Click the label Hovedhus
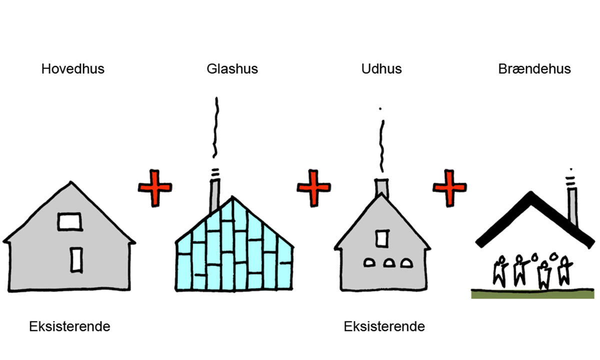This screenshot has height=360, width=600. pyautogui.click(x=73, y=68)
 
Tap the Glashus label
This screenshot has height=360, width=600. pyautogui.click(x=232, y=68)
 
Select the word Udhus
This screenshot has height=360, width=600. pyautogui.click(x=381, y=68)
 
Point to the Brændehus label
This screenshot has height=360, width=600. pyautogui.click(x=534, y=68)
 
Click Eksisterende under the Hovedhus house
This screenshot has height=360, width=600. pyautogui.click(x=69, y=327)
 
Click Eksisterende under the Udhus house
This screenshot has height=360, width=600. pyautogui.click(x=384, y=327)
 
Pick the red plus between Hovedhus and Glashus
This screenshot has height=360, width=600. pyautogui.click(x=155, y=187)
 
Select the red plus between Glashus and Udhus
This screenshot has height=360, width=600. pyautogui.click(x=314, y=187)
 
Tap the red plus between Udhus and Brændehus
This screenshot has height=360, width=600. pyautogui.click(x=449, y=187)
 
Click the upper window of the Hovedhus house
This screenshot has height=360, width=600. pyautogui.click(x=69, y=221)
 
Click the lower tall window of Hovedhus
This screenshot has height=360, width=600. pyautogui.click(x=76, y=259)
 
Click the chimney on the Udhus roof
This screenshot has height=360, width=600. pyautogui.click(x=382, y=187)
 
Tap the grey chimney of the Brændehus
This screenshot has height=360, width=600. pyautogui.click(x=572, y=206)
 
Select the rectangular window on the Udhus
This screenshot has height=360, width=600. pyautogui.click(x=382, y=237)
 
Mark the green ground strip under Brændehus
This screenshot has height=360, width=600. pyautogui.click(x=532, y=294)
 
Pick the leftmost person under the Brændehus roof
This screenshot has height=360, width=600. pyautogui.click(x=499, y=271)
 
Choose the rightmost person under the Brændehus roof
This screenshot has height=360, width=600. pyautogui.click(x=564, y=271)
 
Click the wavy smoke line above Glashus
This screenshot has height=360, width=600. pyautogui.click(x=216, y=127)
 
